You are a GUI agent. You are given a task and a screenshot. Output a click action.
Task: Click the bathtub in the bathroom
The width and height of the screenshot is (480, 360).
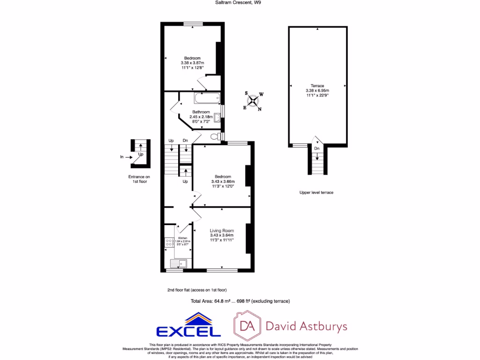[x=206, y=98]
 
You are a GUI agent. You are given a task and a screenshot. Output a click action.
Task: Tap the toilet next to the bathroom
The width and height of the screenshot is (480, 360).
[x=215, y=136]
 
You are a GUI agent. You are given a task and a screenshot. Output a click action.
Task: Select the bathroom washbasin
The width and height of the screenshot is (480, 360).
[x=217, y=117]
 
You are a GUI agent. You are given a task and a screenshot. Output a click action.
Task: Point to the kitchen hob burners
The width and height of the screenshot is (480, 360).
[x=169, y=243]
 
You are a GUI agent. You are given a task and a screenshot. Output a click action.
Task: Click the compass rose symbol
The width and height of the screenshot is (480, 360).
[x=253, y=101]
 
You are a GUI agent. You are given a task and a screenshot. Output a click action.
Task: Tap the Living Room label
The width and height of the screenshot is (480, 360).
[x=222, y=231]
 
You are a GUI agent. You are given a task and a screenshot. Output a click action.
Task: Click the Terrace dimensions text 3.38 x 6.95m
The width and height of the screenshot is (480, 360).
[x=317, y=90]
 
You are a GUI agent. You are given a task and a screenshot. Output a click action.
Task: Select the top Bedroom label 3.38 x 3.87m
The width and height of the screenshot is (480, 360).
[x=192, y=63]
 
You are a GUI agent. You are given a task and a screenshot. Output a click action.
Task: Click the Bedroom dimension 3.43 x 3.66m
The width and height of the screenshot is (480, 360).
[x=223, y=181]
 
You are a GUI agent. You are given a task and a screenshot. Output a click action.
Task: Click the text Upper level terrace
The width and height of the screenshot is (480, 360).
[x=316, y=193]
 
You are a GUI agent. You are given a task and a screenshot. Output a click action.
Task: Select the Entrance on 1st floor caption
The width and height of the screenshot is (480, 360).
[x=140, y=179]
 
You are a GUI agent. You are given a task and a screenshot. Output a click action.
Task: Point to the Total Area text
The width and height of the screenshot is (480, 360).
[x=240, y=301]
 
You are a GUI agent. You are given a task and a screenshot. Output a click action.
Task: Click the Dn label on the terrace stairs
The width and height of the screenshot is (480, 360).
[x=317, y=149]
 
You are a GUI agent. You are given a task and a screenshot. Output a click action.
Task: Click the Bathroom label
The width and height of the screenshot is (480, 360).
[x=201, y=112]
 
